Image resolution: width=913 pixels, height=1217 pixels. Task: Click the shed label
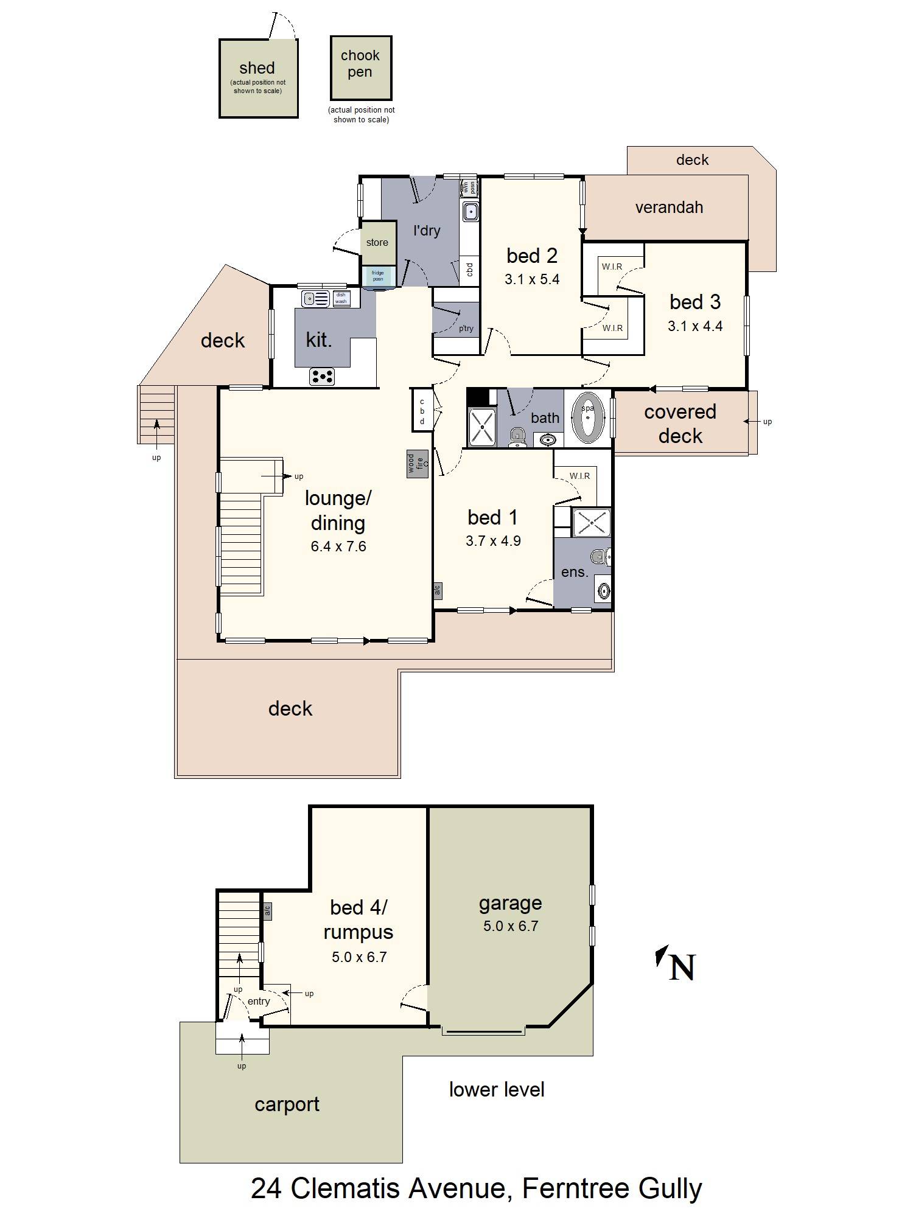click(257, 68)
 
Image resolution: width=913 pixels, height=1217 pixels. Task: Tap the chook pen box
click(361, 68)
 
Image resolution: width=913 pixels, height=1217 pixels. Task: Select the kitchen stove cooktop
click(322, 376)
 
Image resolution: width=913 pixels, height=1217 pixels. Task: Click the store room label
click(377, 242)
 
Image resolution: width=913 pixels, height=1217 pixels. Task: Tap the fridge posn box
click(378, 276)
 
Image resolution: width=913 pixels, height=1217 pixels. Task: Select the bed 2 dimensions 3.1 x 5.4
click(531, 279)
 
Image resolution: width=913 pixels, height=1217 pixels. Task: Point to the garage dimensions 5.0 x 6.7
click(510, 926)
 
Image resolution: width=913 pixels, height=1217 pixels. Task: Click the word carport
click(287, 1104)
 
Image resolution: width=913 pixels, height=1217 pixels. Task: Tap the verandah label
click(669, 207)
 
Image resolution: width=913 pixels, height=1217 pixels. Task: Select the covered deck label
click(680, 424)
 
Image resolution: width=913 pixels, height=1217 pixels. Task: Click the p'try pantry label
click(466, 329)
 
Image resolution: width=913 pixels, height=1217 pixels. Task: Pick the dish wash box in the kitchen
click(341, 298)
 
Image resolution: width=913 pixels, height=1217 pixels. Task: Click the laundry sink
click(470, 212)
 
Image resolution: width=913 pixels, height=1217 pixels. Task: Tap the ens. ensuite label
click(574, 572)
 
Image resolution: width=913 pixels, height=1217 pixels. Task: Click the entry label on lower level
click(259, 1001)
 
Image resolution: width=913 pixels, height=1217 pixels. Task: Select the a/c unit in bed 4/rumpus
click(267, 910)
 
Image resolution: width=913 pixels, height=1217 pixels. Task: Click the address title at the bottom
click(476, 1188)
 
